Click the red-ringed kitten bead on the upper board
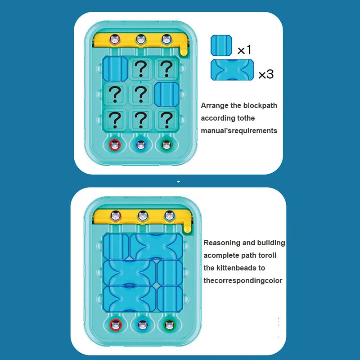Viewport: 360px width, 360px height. tap(116, 145)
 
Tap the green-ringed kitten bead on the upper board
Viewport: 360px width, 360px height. tap(166, 145)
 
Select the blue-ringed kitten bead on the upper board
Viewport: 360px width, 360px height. tap(141, 145)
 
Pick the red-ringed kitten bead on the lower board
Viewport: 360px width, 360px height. tap(117, 324)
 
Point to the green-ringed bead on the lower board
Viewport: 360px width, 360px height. tap(169, 324)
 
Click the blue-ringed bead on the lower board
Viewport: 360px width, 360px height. tap(143, 324)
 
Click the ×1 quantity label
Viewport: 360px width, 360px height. tap(244, 50)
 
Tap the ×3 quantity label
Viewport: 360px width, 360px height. tap(265, 74)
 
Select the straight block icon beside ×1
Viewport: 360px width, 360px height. tap(221, 45)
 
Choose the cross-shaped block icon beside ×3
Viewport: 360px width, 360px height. tap(232, 70)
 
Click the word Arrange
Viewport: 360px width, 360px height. tap(214, 106)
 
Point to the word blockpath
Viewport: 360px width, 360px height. tap(260, 106)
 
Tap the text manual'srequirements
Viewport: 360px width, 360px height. tap(239, 131)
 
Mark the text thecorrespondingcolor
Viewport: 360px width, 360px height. tap(243, 281)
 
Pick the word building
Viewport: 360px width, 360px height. tap(270, 243)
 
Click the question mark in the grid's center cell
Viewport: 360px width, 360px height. tap(141, 94)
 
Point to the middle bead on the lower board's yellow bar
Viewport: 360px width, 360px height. tap(143, 216)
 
